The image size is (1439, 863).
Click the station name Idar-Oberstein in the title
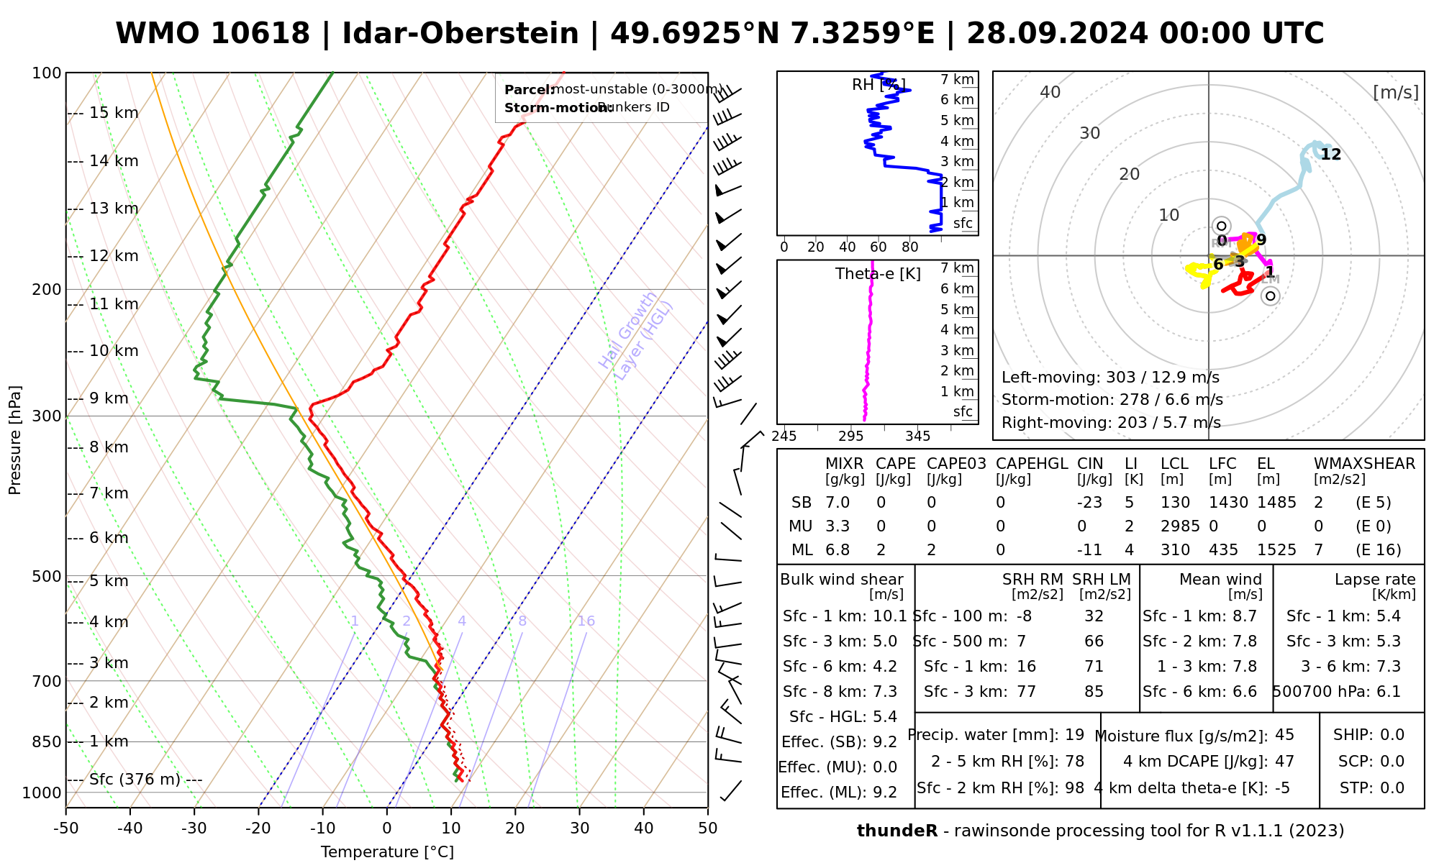pos(460,34)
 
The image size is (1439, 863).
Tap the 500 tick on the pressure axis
pos(47,576)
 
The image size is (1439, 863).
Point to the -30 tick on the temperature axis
pos(194,828)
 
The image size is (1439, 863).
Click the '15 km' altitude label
pos(114,113)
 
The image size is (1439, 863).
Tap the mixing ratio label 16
pos(586,621)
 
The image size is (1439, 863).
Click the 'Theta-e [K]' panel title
pos(878,274)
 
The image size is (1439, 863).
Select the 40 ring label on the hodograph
pos(1050,92)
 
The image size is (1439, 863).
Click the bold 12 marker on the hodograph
pos(1331,155)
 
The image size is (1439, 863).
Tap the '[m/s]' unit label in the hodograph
pos(1396,92)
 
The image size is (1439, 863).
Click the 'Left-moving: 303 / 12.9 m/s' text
pos(1110,378)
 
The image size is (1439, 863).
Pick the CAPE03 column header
pos(956,464)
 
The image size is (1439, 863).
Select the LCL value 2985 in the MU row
pos(1180,526)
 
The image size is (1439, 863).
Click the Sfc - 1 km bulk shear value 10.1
pos(890,616)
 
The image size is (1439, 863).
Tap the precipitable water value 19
pos(1074,735)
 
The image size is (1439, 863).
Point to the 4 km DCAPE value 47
pos(1284,762)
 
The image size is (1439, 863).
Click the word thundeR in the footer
pos(897,831)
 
